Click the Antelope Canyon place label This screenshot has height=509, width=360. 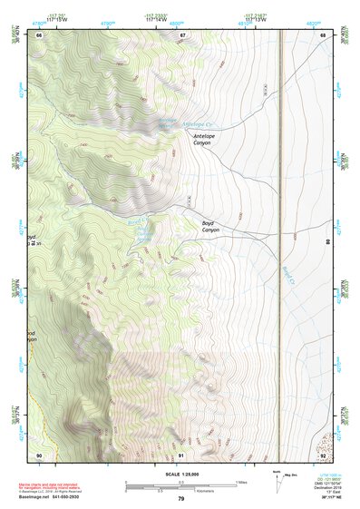[201, 139]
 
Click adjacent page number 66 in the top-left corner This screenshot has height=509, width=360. [39, 35]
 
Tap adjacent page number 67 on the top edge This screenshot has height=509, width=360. [182, 35]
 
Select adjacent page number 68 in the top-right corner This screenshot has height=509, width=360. [323, 35]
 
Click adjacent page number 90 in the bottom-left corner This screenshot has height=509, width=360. [39, 454]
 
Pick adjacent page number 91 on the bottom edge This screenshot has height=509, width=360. [181, 454]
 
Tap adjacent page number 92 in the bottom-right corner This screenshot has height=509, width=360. [323, 454]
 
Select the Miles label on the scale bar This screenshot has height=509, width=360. [240, 482]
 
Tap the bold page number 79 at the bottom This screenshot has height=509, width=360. [180, 499]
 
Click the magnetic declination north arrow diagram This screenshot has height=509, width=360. [278, 481]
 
